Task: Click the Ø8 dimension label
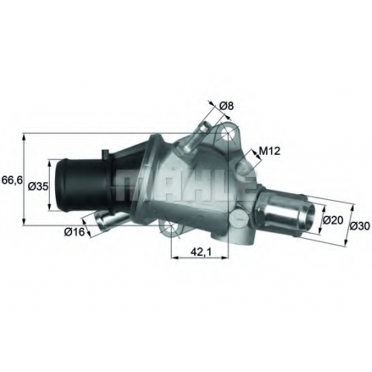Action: click(x=227, y=106)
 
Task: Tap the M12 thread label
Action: click(x=269, y=151)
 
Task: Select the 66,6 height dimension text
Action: click(x=12, y=180)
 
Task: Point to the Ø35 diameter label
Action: click(x=38, y=186)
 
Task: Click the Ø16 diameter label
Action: click(x=74, y=232)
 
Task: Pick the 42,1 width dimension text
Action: click(x=201, y=252)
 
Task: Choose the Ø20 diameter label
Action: click(x=333, y=219)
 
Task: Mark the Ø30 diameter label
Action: click(x=360, y=225)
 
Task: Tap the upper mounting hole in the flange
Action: click(x=228, y=134)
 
